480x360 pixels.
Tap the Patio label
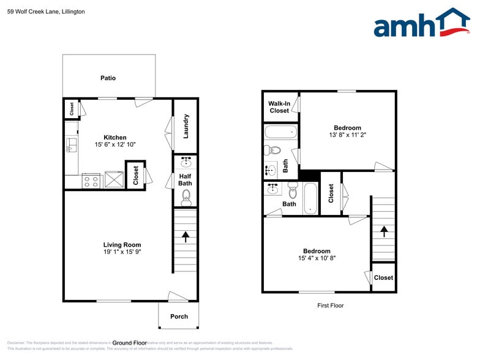tap(108, 78)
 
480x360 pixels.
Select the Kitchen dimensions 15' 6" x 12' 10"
tap(115, 144)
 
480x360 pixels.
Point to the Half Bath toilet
tap(186, 197)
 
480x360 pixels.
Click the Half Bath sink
tap(186, 163)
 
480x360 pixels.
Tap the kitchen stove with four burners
tap(91, 181)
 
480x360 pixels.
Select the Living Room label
tap(122, 245)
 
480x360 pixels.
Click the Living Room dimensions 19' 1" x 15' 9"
tap(122, 252)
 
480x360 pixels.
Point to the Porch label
tap(179, 317)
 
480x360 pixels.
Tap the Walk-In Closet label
tap(279, 107)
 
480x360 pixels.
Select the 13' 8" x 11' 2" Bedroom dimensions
tap(347, 135)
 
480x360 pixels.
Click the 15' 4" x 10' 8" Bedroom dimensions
tap(317, 258)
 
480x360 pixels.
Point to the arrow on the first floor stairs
tap(384, 231)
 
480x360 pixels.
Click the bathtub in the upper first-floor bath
tap(281, 132)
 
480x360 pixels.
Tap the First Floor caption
tap(331, 305)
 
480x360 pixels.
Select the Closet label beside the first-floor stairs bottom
tap(383, 277)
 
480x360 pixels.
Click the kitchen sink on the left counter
tap(70, 145)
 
